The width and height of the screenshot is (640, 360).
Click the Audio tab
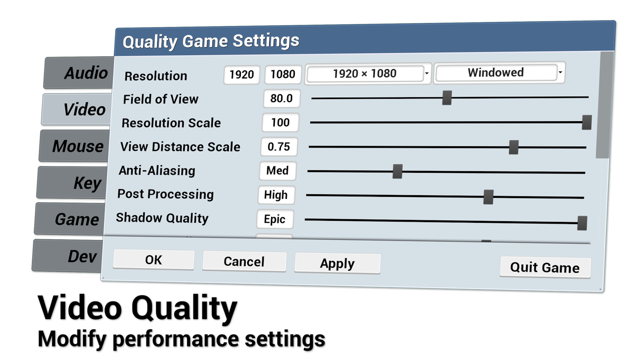(80, 73)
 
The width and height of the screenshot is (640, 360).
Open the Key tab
(74, 183)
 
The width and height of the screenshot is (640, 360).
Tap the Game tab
(72, 219)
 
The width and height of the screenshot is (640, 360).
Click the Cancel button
(244, 262)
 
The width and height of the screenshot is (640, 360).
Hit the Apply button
(337, 264)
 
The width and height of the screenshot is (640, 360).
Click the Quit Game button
(545, 268)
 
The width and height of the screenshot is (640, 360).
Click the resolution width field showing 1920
(242, 75)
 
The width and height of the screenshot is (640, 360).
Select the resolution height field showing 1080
(283, 74)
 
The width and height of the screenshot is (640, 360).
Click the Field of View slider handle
(447, 98)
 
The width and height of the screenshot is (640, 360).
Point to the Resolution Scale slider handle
(586, 122)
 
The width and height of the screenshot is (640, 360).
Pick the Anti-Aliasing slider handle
(397, 172)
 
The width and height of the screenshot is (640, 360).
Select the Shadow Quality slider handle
(582, 223)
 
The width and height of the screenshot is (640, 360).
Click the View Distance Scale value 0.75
(279, 147)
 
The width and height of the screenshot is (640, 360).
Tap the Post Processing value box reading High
(276, 195)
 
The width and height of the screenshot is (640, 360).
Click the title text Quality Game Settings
(211, 41)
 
